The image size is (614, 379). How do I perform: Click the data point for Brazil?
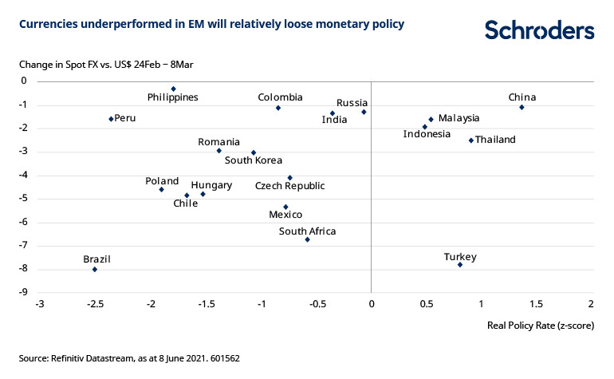click(x=95, y=269)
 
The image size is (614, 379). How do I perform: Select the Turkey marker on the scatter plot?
click(x=460, y=264)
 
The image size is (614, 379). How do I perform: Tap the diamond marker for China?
click(x=522, y=107)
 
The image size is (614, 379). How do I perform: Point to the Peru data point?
click(x=111, y=119)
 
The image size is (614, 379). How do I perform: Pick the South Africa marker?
click(x=307, y=239)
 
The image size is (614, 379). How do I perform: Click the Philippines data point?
click(x=173, y=89)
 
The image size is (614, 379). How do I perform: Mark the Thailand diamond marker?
click(x=471, y=140)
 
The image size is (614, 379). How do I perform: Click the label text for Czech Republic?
click(x=289, y=186)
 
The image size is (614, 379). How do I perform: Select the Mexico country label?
click(x=285, y=215)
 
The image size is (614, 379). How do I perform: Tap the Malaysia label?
click(x=459, y=118)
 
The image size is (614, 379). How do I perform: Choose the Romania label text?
click(x=219, y=142)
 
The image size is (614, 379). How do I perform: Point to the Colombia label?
click(x=280, y=97)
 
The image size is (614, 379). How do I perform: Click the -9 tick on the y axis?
click(x=22, y=293)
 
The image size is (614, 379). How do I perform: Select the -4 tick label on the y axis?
click(x=22, y=175)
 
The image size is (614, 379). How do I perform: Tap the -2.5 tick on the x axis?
click(x=95, y=304)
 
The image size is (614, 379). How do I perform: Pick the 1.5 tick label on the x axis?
click(x=536, y=304)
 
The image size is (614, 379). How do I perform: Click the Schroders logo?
click(x=539, y=30)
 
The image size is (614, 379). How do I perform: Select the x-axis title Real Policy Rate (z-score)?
click(x=540, y=326)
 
